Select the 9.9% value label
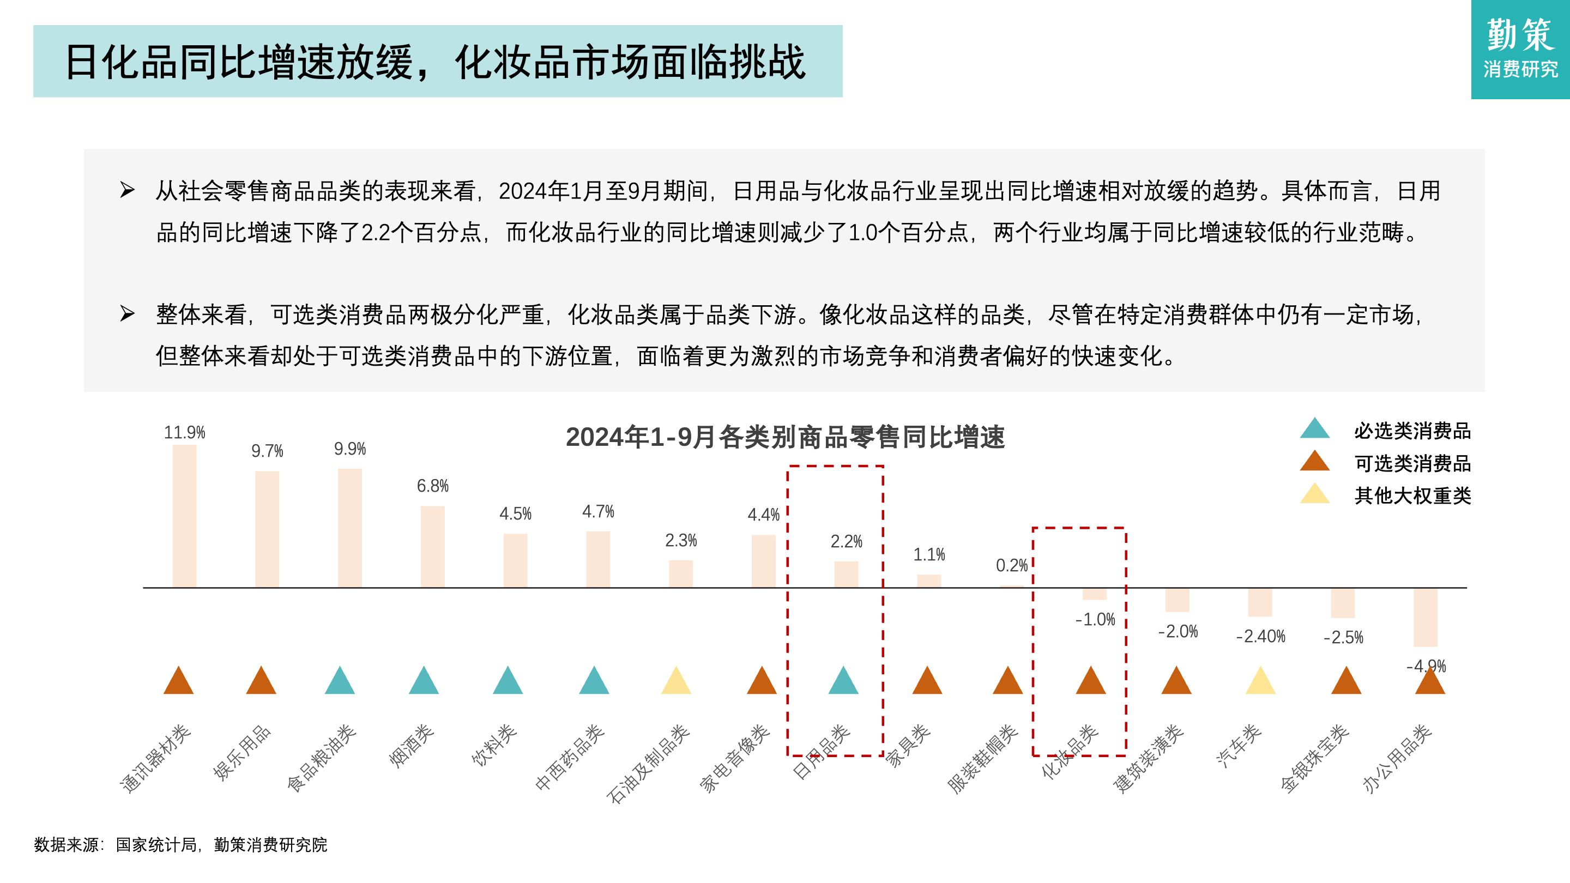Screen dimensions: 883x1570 [350, 449]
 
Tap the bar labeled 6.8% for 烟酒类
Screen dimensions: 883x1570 [432, 546]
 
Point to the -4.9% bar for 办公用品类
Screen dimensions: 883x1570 [1425, 616]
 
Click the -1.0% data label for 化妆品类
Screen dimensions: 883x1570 [1095, 620]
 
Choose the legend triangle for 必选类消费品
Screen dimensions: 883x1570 [1315, 429]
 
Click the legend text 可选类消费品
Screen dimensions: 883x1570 [1412, 463]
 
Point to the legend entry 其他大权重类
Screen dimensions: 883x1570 [1412, 495]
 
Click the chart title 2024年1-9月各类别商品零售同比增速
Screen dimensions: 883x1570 [785, 437]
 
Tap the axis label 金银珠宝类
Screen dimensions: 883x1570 [1315, 759]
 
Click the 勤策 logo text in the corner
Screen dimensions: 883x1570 [1520, 35]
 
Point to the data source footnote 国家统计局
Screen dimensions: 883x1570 [156, 845]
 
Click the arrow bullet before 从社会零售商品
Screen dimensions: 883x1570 [127, 190]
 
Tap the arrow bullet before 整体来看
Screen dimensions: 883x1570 [127, 314]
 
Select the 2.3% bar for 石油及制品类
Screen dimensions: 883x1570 [680, 573]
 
